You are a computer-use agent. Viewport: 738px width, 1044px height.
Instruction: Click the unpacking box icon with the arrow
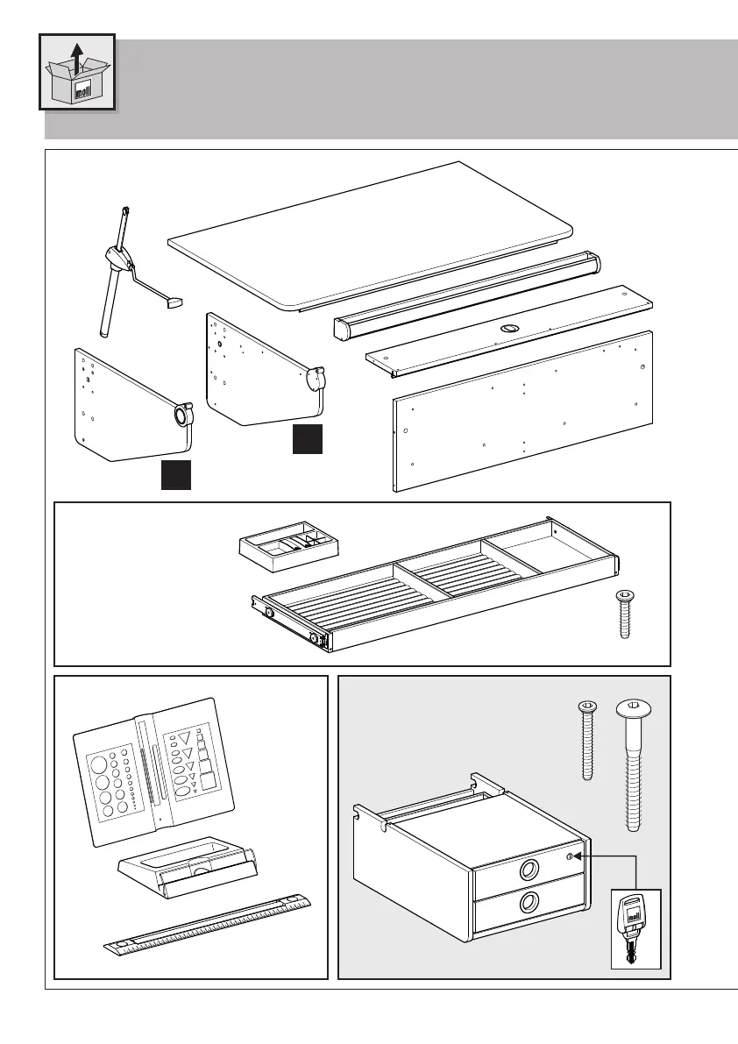pos(77,72)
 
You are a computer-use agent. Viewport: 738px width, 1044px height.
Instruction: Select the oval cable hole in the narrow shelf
pos(509,329)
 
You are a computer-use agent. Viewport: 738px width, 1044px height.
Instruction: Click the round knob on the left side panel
pos(183,414)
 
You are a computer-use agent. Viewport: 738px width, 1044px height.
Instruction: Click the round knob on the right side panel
pos(316,379)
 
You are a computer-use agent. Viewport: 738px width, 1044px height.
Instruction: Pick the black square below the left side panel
pos(175,473)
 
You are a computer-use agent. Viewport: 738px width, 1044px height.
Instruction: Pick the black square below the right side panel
pos(307,438)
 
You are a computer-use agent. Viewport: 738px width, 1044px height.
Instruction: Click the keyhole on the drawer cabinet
pos(570,856)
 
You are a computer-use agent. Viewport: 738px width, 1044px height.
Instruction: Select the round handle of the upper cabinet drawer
pos(529,870)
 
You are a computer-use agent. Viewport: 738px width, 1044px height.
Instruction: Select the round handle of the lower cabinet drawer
pos(529,902)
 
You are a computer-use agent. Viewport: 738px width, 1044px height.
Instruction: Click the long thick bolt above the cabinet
pos(635,763)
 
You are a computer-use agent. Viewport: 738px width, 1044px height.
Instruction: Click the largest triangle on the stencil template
pos(184,741)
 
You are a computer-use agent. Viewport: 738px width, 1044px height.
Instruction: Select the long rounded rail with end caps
pos(469,293)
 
